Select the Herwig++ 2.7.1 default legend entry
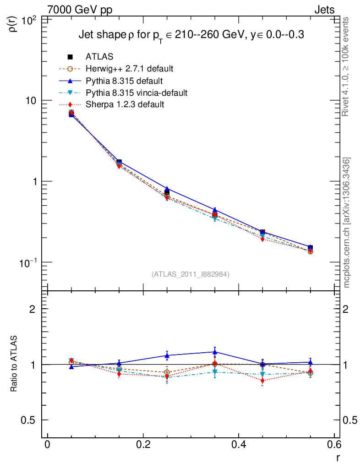(129, 69)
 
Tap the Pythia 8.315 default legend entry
(124, 81)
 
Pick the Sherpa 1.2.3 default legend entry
(125, 105)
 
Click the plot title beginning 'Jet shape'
(191, 35)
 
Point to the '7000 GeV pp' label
(80, 10)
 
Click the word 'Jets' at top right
(324, 10)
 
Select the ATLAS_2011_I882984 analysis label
(191, 274)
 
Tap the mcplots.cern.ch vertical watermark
(347, 223)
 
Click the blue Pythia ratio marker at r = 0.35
(214, 352)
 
